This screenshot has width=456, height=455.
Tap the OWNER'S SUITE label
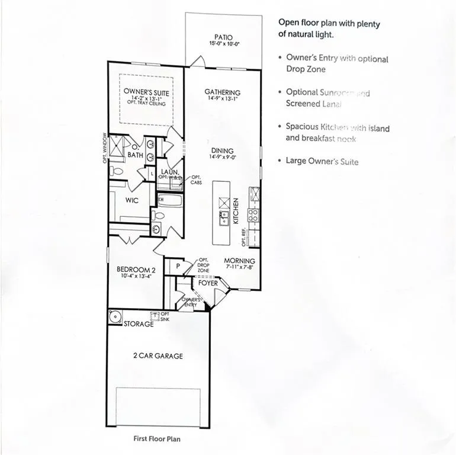146,93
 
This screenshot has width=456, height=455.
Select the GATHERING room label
223,92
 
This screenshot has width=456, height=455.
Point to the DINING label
222,150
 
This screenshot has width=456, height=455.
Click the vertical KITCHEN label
235,210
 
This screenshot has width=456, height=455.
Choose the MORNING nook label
239,261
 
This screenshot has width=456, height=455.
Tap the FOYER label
208,283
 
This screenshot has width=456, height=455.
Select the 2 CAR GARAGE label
157,356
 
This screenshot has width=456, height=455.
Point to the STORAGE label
138,323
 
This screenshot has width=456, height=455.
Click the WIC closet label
131,200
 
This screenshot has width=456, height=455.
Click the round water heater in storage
114,317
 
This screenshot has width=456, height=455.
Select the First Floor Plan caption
157,439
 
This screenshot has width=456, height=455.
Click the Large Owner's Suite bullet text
322,162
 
